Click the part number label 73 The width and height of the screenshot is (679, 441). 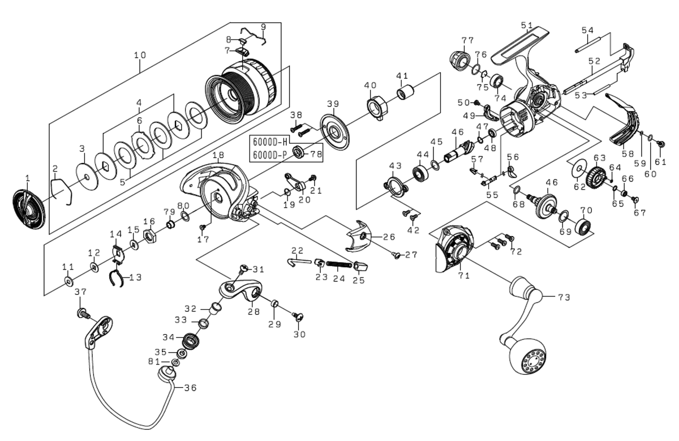click(x=564, y=297)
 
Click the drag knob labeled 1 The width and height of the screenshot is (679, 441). click(x=28, y=210)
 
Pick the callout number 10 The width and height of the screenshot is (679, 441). click(x=140, y=55)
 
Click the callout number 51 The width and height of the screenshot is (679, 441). click(x=527, y=25)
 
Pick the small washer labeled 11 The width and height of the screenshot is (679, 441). click(x=68, y=281)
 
